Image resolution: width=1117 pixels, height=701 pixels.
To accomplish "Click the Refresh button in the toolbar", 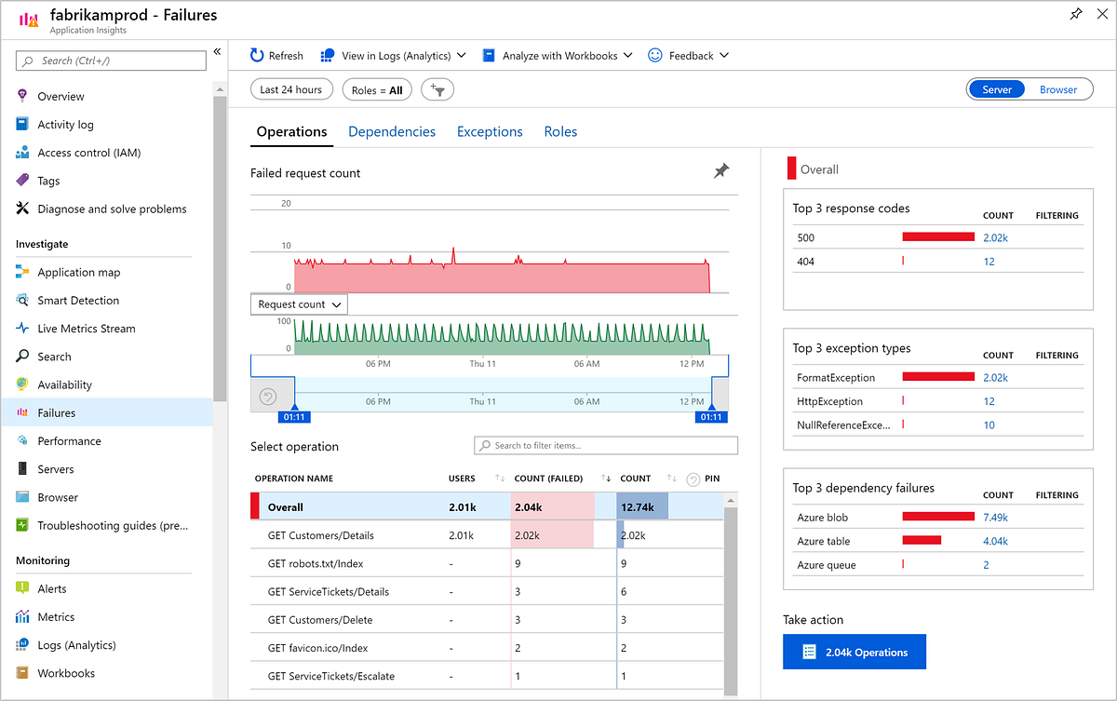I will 276,56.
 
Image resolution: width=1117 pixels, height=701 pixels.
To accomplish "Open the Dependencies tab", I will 392,132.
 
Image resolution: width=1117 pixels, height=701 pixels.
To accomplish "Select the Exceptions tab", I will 490,132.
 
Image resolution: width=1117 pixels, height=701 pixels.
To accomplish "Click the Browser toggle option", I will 1057,90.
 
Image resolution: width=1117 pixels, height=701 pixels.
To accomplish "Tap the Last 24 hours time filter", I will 290,90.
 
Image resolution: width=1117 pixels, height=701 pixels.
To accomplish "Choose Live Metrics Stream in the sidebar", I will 86,329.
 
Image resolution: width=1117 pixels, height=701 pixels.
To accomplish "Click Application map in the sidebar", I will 78,273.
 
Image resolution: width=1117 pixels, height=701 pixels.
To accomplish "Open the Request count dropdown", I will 299,304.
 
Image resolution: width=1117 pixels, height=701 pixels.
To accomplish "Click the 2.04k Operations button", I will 855,653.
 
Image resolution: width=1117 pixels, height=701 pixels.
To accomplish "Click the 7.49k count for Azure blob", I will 995,518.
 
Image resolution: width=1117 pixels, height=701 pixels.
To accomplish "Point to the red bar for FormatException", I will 937,378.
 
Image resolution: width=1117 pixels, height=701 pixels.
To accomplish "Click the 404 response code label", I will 805,262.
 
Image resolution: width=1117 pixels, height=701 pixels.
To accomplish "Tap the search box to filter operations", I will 606,446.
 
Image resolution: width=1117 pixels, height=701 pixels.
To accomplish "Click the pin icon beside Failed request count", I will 721,171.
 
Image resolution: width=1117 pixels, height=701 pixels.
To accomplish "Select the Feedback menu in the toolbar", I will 689,56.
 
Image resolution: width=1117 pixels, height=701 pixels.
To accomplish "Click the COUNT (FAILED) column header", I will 548,479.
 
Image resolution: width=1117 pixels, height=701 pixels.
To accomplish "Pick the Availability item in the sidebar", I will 64,385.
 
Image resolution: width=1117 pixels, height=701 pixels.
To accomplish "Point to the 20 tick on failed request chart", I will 287,204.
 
